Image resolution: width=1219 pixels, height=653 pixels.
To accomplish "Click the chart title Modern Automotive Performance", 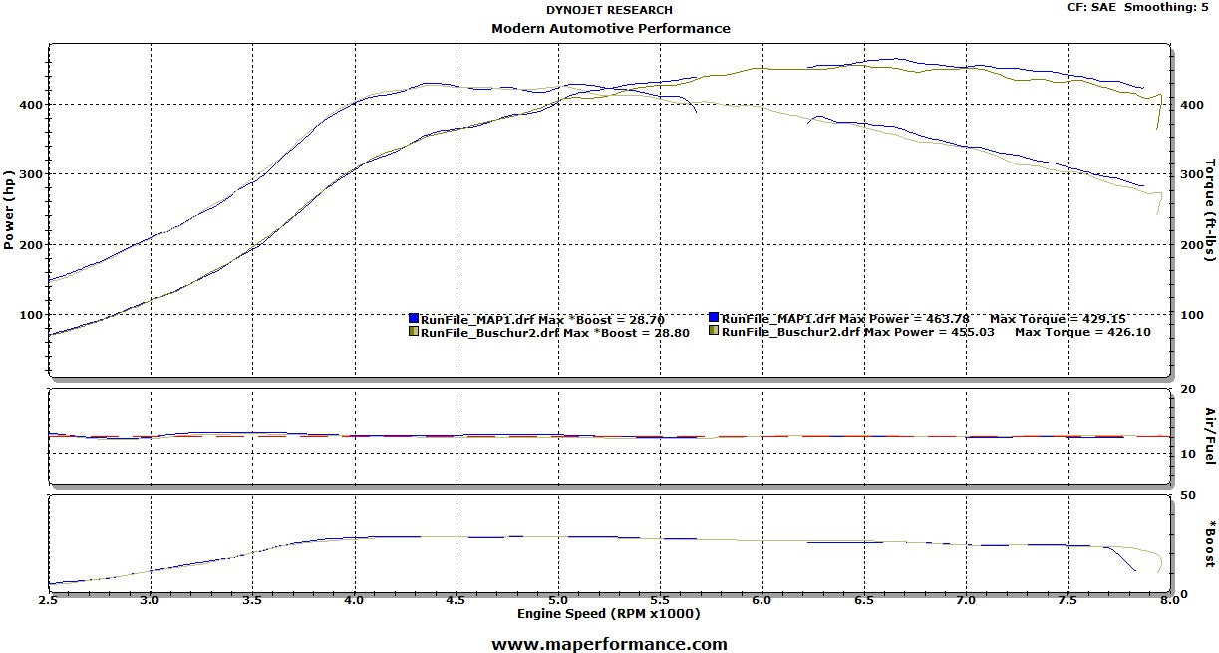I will tap(610, 28).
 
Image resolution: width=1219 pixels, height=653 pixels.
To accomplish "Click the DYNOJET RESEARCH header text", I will tap(610, 10).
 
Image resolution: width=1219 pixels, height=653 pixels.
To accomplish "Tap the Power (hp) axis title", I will tap(11, 209).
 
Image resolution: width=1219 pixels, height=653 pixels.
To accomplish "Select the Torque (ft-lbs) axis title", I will tap(1210, 209).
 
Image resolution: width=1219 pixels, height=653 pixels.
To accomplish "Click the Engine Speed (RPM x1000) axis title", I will tap(608, 613).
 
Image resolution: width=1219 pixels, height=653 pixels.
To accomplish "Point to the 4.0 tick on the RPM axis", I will tap(354, 601).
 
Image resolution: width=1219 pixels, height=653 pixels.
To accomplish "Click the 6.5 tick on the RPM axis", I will tap(863, 601).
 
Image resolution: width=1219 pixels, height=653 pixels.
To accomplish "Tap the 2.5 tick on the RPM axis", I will tap(49, 601).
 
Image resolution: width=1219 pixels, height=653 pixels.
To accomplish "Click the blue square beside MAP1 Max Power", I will tap(714, 318).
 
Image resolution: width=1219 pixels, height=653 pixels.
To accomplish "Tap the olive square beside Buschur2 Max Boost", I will tap(414, 331).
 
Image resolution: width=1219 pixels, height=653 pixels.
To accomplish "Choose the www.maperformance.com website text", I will tap(609, 644).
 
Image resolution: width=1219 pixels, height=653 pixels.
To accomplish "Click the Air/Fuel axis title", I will tap(1210, 435).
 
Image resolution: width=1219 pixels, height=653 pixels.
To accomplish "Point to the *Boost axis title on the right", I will tap(1210, 543).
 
